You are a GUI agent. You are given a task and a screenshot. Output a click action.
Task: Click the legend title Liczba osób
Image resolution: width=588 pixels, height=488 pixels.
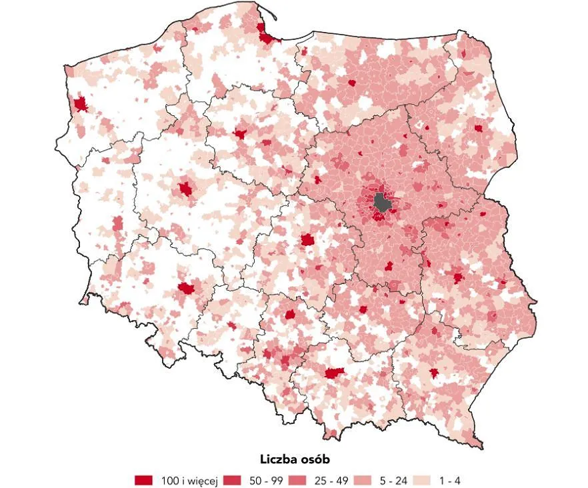click(x=293, y=460)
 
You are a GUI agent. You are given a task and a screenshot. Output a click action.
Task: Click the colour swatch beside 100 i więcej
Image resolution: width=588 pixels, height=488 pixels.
click(x=144, y=480)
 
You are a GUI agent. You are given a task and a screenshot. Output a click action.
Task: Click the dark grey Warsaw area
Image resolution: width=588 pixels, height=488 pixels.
click(x=382, y=202)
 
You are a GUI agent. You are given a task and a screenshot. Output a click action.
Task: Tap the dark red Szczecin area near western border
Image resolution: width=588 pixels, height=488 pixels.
click(x=81, y=105)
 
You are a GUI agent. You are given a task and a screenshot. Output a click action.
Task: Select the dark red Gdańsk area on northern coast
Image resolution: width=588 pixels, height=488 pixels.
click(x=268, y=36)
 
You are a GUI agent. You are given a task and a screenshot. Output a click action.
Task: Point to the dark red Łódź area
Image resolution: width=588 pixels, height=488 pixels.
click(x=307, y=240)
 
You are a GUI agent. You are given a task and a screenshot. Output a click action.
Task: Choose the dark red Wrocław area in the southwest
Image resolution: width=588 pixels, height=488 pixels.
click(x=187, y=289)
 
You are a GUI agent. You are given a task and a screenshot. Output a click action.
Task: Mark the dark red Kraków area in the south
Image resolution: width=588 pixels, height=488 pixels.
click(x=333, y=373)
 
